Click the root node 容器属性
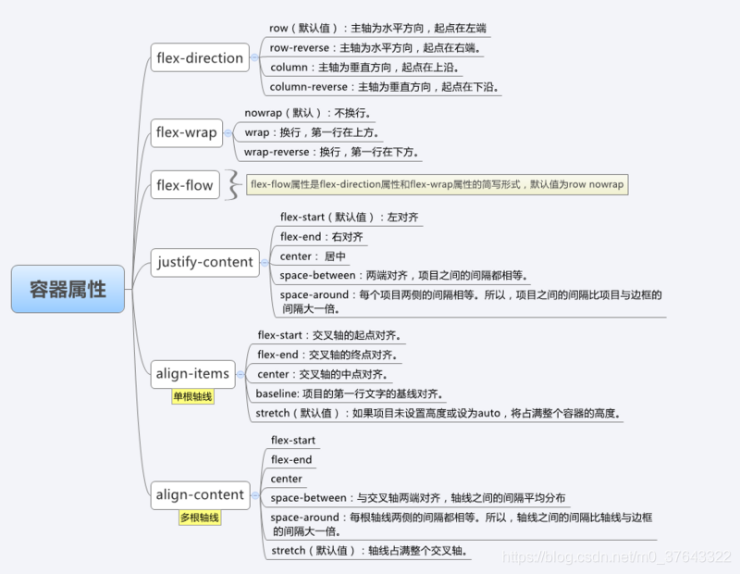[68, 289]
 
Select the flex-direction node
[200, 57]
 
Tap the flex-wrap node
[187, 132]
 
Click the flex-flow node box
[185, 185]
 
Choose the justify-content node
[204, 262]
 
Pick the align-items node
[192, 374]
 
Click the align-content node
[200, 494]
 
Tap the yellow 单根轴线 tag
[192, 396]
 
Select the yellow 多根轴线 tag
[200, 518]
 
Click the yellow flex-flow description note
[438, 184]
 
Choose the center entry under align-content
[287, 479]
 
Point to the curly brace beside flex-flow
[235, 185]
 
